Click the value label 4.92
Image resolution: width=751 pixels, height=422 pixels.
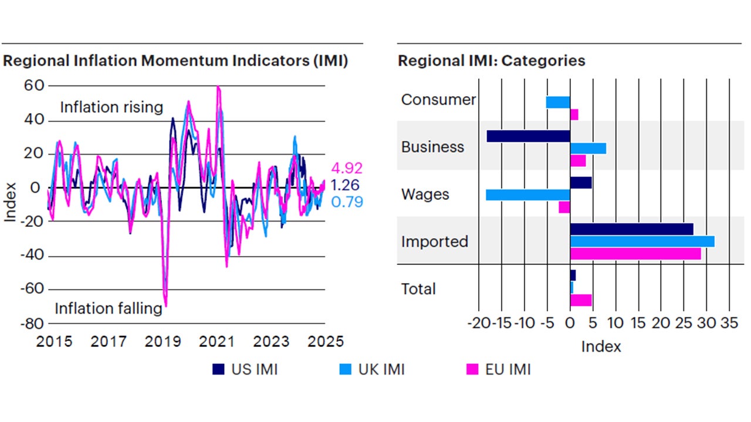click(x=346, y=168)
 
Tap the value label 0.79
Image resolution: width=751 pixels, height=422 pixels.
click(x=346, y=202)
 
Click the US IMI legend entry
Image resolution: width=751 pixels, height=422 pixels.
click(x=245, y=369)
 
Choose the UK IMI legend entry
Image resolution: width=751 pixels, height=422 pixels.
click(x=373, y=369)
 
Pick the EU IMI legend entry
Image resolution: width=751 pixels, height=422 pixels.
click(x=498, y=369)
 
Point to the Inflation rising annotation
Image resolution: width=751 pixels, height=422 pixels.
click(x=111, y=107)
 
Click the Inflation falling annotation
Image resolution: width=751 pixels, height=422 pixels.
click(x=109, y=308)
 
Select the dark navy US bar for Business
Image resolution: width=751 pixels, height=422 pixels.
click(x=528, y=136)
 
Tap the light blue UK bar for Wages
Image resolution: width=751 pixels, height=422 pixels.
click(x=527, y=195)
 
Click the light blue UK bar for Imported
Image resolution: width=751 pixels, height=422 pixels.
click(x=642, y=241)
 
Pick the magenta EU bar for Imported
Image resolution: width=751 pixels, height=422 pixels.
click(x=635, y=254)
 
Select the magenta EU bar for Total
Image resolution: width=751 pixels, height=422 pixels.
click(x=581, y=300)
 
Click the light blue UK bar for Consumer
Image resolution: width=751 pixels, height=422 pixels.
click(x=558, y=103)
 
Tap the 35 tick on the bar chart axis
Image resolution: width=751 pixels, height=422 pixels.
click(x=729, y=324)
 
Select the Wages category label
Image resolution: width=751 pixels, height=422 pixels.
click(x=425, y=194)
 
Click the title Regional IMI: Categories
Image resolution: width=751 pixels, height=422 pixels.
click(x=491, y=61)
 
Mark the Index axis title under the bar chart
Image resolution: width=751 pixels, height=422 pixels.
click(x=601, y=346)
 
